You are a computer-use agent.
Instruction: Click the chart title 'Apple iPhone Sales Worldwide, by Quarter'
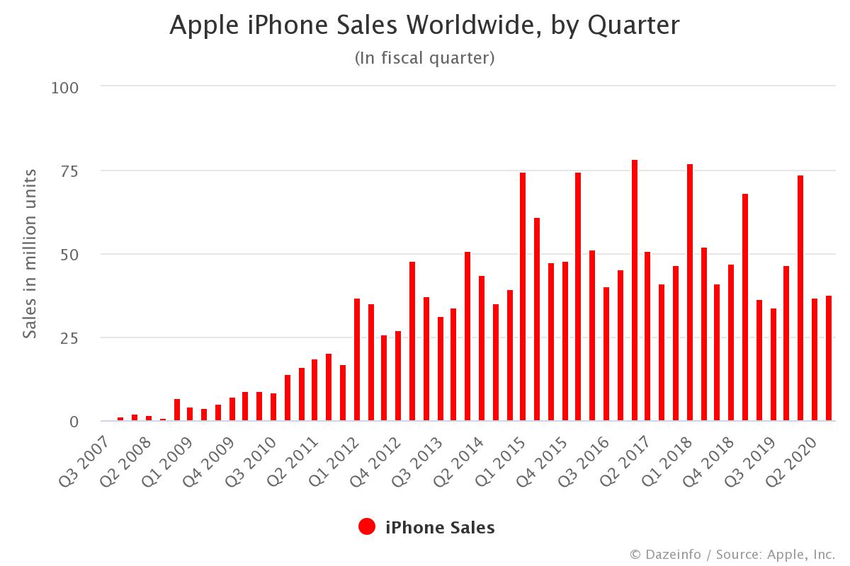point(424,25)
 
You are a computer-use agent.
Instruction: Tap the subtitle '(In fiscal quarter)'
point(424,58)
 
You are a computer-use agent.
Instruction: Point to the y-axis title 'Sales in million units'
point(30,254)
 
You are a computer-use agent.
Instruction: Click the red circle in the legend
point(367,527)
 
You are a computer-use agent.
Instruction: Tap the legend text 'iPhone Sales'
point(439,527)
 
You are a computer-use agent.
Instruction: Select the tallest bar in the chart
point(635,290)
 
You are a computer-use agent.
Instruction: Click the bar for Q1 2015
point(523,296)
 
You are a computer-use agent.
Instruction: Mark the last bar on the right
point(828,358)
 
